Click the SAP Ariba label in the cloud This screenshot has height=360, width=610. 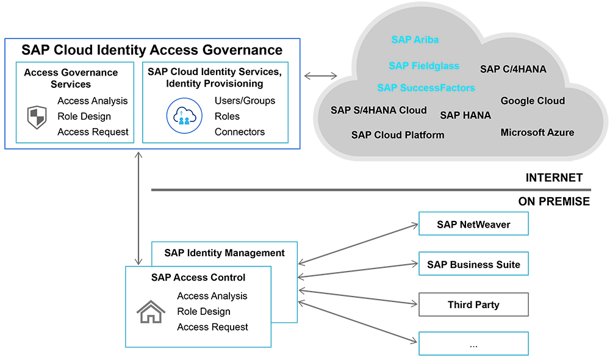[415, 40]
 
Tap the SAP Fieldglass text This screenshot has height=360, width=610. [423, 66]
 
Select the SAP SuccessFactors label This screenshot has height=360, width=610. [426, 88]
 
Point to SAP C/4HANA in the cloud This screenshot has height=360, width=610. [513, 69]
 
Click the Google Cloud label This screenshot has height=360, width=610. [533, 101]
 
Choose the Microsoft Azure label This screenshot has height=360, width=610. [537, 132]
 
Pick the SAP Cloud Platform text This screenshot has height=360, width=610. [398, 135]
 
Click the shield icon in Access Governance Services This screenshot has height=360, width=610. [37, 117]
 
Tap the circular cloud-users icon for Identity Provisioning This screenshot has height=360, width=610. [184, 116]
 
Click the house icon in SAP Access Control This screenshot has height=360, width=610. [151, 312]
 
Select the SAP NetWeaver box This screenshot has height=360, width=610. [473, 224]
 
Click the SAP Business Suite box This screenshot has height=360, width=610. [473, 264]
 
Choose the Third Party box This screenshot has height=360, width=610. [473, 304]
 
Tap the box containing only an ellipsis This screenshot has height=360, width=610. [473, 344]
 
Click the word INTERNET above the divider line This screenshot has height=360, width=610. [554, 178]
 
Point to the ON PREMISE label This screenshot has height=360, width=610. [554, 201]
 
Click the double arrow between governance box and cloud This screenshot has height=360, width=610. [320, 76]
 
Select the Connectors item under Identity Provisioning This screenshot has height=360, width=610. [240, 132]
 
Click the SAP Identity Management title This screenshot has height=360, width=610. [224, 253]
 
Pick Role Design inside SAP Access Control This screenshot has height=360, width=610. [204, 311]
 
